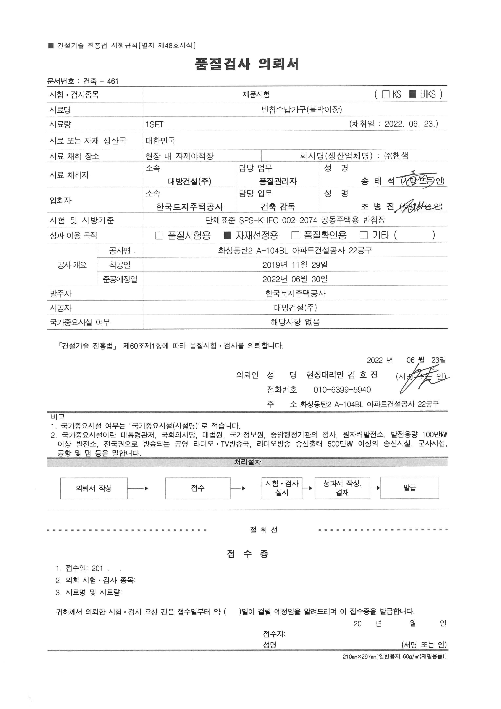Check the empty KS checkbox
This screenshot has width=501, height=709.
click(x=386, y=94)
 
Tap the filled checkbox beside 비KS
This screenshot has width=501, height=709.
click(x=413, y=94)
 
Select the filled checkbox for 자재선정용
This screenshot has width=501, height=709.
click(x=227, y=236)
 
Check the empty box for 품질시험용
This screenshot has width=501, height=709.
click(x=159, y=236)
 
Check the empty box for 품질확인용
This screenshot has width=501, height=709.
click(x=295, y=236)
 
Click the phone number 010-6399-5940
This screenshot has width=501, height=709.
click(x=342, y=390)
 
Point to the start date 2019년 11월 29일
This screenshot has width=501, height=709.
click(x=295, y=265)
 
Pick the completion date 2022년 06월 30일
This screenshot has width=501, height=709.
click(x=295, y=279)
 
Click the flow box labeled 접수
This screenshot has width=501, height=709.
click(x=198, y=488)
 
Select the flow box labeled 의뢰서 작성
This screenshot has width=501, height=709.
click(x=94, y=488)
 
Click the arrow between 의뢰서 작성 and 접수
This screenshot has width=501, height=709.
click(x=138, y=488)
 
